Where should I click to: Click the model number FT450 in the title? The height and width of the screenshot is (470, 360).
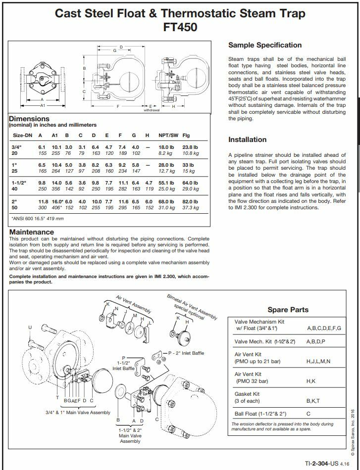tap(180, 27)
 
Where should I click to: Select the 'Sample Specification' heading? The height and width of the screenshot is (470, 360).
tap(264, 45)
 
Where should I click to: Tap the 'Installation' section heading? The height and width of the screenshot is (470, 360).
tap(247, 140)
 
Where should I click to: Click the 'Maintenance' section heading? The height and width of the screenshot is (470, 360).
tap(32, 232)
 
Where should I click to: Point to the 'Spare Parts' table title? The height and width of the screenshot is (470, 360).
tap(288, 310)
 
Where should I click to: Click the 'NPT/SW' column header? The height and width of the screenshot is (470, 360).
tap(168, 135)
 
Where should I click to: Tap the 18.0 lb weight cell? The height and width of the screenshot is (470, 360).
tap(166, 147)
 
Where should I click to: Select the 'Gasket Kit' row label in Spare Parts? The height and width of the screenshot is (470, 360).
tap(248, 394)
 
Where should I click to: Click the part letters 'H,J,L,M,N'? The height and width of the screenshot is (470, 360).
tap(319, 362)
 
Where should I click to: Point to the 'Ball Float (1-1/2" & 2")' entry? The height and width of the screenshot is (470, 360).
tap(260, 414)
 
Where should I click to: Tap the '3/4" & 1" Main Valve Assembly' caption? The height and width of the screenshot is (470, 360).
tap(78, 412)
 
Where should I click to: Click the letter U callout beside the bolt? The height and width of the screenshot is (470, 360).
tap(30, 328)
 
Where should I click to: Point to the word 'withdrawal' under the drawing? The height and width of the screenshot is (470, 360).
tap(151, 110)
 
